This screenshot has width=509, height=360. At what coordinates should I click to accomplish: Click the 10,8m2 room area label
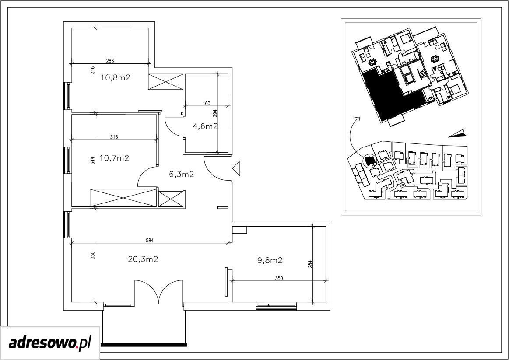click(x=116, y=78)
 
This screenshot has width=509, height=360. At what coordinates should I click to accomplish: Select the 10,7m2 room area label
click(x=115, y=158)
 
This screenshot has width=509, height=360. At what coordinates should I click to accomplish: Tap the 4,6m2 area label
click(x=205, y=126)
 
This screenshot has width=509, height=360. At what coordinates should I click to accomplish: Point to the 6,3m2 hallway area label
click(x=182, y=175)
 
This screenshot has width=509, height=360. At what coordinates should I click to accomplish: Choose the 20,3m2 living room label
click(x=143, y=259)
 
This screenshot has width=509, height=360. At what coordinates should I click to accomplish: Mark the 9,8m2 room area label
click(x=270, y=260)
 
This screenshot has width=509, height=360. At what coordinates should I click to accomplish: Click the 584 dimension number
click(x=149, y=240)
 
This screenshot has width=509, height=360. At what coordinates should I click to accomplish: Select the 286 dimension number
click(x=110, y=61)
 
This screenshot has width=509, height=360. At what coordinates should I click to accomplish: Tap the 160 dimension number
click(x=207, y=104)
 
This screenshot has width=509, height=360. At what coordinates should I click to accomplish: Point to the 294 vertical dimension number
click(x=214, y=113)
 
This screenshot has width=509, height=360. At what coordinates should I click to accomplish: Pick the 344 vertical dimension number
click(x=92, y=161)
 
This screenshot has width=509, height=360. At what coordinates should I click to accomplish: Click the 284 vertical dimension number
click(x=310, y=264)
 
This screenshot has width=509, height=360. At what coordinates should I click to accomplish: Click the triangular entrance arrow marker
click(x=236, y=168)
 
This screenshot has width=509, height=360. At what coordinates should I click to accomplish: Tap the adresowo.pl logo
click(x=49, y=343)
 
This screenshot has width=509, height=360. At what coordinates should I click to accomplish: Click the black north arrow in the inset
click(x=458, y=133)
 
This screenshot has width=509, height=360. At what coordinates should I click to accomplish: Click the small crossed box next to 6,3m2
click(x=172, y=199)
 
